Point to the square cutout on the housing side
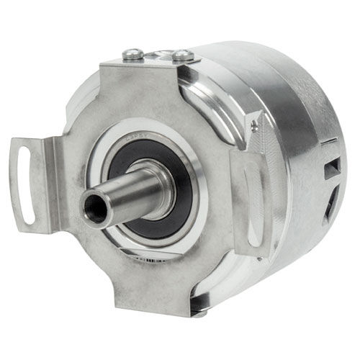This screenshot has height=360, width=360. click(332, 169)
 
